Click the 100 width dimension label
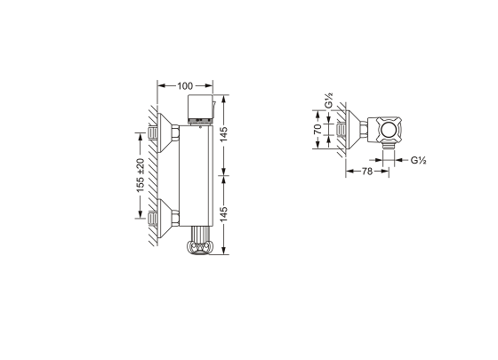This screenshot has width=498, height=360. pos(184,85)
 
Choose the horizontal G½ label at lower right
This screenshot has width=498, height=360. pos(420,160)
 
